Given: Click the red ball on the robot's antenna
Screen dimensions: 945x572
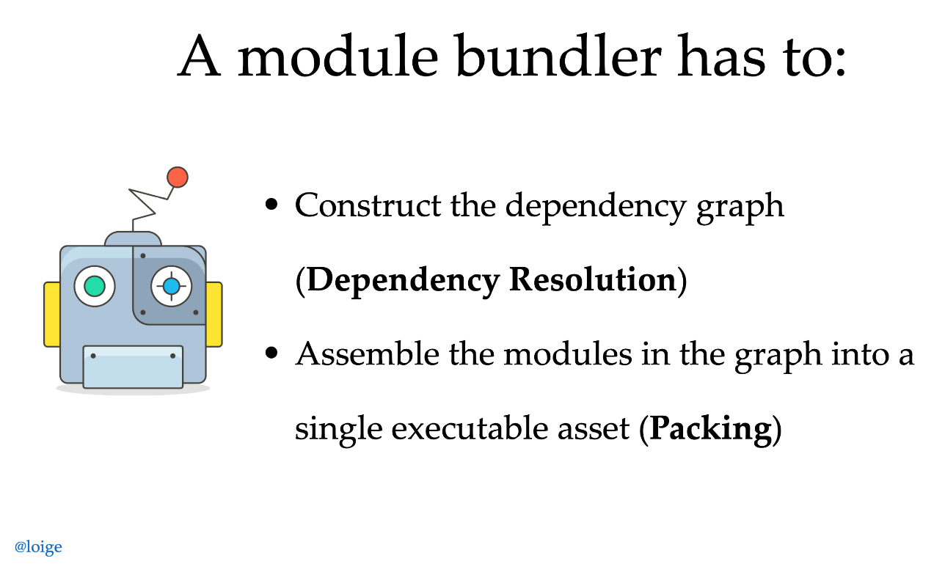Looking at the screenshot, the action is point(177,177).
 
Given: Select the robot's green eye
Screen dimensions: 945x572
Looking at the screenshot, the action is point(95,286).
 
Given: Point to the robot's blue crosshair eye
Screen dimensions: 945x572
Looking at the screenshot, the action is point(171,286).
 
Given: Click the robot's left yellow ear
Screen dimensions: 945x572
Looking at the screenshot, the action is point(51,314).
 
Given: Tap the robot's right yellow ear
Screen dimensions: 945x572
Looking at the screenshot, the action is point(214,314).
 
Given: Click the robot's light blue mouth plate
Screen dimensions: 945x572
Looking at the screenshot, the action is point(133,366).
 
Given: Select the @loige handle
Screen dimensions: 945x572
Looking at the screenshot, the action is point(38,546).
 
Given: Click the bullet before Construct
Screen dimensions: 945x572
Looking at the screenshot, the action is point(272,205).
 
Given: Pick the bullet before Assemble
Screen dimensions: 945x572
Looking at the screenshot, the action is point(272,353).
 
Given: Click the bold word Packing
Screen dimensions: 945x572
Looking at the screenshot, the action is point(710,428).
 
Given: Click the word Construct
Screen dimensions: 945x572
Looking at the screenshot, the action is point(368,205).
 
